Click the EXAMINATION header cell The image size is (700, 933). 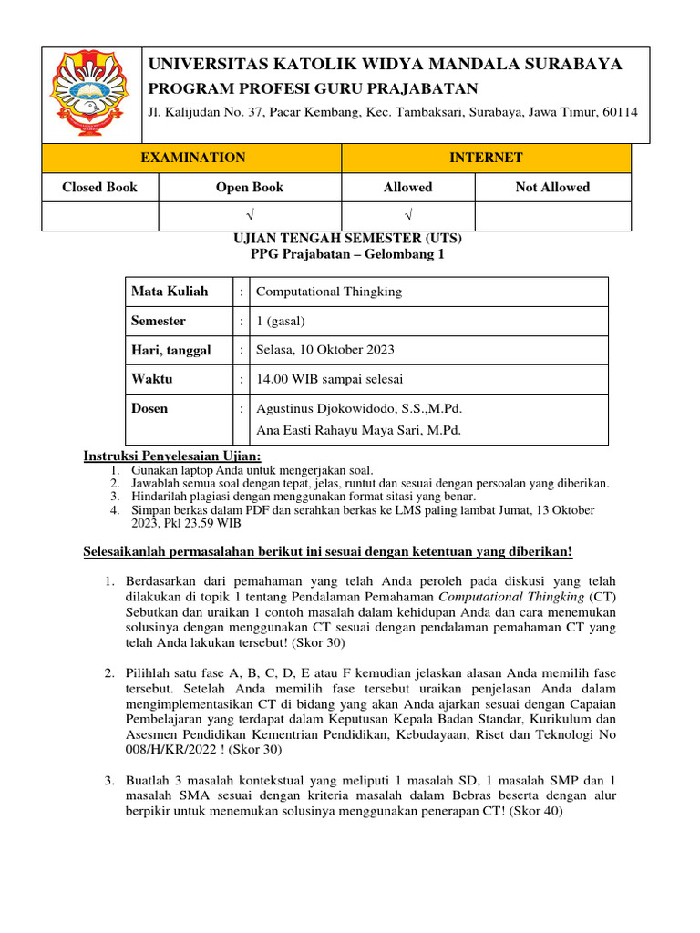(192, 158)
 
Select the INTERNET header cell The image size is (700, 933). (486, 158)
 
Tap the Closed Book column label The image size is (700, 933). (99, 187)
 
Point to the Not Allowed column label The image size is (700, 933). (552, 187)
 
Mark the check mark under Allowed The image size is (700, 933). (407, 215)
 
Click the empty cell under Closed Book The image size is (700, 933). (99, 215)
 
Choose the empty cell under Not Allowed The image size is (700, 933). (552, 215)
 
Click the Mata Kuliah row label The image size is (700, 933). (170, 292)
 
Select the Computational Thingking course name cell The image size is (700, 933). (329, 292)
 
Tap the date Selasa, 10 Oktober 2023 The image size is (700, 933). (325, 350)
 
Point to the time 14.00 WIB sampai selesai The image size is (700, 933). (330, 379)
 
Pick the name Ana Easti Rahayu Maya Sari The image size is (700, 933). (358, 430)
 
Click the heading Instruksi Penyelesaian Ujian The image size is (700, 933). (172, 456)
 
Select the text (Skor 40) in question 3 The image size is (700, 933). (536, 813)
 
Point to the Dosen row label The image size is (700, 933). (149, 408)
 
